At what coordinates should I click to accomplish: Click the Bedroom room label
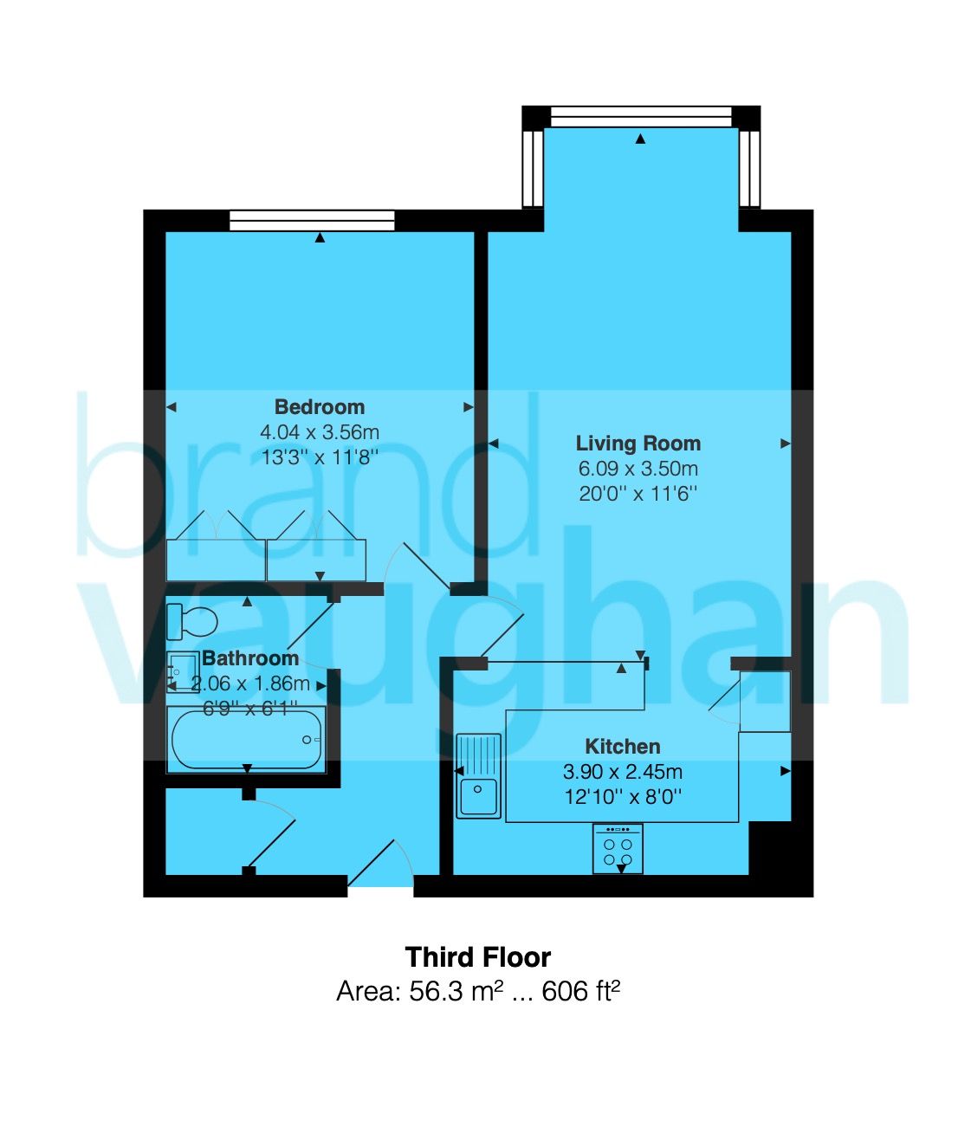[x=319, y=406]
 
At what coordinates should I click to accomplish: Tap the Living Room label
[x=638, y=444]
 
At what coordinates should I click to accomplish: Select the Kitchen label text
[x=622, y=746]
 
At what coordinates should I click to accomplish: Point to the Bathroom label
[x=249, y=658]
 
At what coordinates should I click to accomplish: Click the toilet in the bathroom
[x=192, y=621]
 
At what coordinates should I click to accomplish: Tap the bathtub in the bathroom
[x=246, y=740]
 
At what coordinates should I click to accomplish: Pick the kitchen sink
[x=478, y=775]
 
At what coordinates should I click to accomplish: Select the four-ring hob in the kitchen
[x=618, y=848]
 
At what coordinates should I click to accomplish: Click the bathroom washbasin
[x=181, y=671]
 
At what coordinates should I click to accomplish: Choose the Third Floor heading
[x=477, y=956]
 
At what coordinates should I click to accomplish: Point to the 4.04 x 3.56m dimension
[x=319, y=431]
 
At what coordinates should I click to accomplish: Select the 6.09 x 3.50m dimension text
[x=638, y=469]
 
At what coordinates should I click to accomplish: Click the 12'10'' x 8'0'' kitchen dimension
[x=622, y=796]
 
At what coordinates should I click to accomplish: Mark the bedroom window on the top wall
[x=312, y=220]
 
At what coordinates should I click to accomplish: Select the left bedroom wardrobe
[x=216, y=559]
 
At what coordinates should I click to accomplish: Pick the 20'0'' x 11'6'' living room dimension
[x=638, y=494]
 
